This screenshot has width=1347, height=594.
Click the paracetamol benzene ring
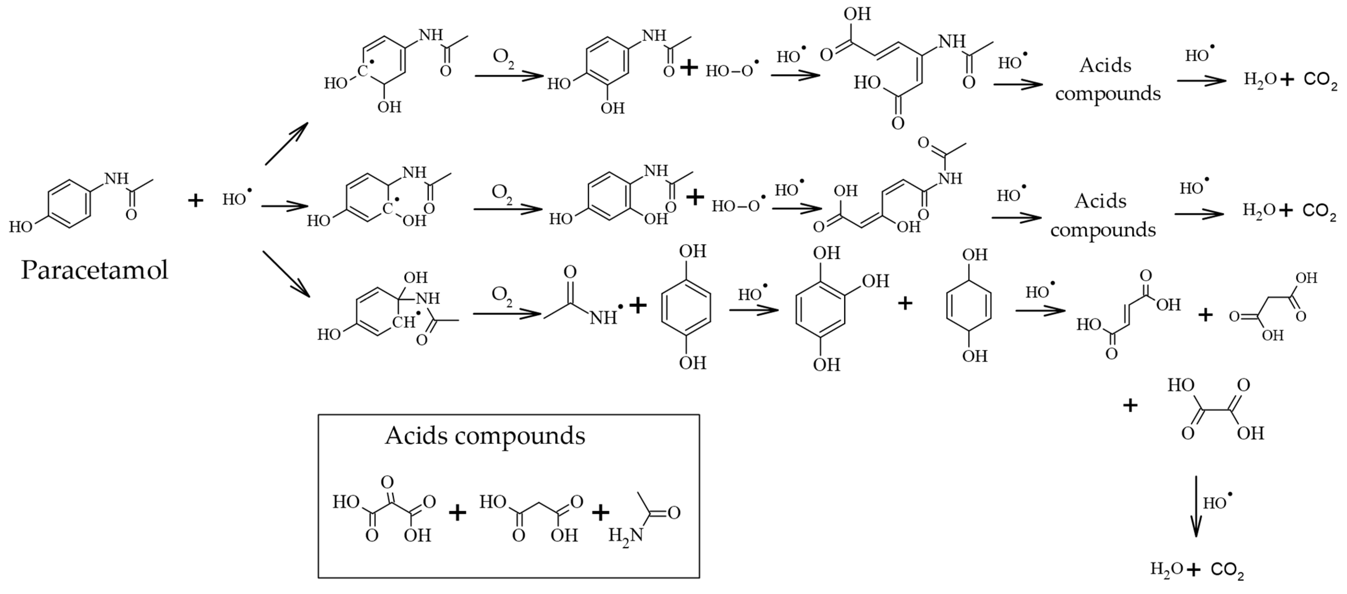[69, 204]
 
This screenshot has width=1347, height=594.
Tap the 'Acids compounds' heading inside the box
[485, 435]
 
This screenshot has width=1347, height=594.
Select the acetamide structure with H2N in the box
[646, 518]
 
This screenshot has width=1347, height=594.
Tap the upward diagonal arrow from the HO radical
[286, 143]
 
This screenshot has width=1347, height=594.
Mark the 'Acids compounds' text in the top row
[1107, 79]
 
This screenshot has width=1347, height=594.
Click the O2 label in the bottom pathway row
[502, 295]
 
